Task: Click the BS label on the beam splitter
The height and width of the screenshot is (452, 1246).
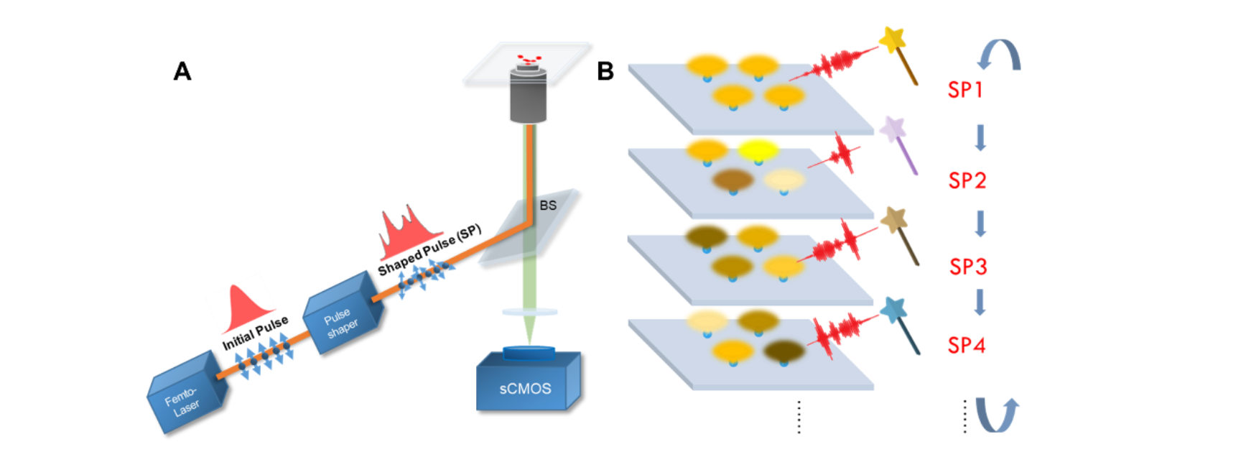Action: (x=548, y=206)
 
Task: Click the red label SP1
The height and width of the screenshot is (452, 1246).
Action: (x=964, y=90)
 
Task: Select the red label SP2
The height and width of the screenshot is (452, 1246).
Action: (x=967, y=180)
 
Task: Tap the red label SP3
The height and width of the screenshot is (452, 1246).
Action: (x=968, y=267)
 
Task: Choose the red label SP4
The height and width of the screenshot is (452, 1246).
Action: (x=966, y=345)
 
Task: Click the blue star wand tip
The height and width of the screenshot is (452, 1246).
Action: (x=893, y=310)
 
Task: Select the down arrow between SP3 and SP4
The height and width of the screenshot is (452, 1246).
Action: (x=980, y=302)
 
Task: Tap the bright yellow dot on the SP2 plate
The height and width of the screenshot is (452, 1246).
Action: (x=758, y=149)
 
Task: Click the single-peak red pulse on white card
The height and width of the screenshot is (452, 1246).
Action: (x=241, y=303)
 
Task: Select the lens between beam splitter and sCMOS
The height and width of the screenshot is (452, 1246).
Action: (x=529, y=311)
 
